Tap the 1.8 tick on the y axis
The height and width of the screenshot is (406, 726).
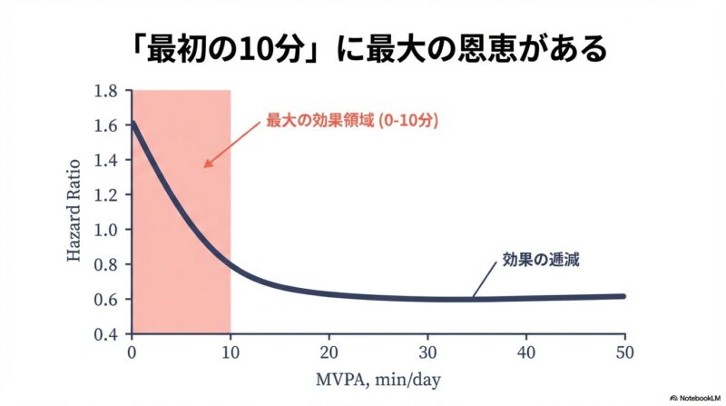tap(106, 91)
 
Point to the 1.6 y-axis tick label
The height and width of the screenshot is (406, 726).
tap(106, 125)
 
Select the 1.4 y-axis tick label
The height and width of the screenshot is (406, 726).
tap(106, 160)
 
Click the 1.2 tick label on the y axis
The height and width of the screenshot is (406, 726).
tap(106, 194)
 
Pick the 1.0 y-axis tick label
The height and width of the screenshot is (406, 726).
tap(106, 230)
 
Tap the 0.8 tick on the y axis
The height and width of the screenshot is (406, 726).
tap(106, 264)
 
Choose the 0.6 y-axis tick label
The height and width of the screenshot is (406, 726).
tap(106, 299)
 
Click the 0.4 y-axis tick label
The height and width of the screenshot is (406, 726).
tap(106, 333)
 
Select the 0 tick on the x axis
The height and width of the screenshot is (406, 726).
tap(132, 351)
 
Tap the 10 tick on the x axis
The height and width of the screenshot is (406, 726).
tap(231, 351)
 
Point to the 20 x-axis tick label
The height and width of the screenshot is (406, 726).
tap(329, 351)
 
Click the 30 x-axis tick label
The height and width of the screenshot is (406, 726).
tap(427, 351)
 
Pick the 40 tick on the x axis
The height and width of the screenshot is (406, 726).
tap(525, 351)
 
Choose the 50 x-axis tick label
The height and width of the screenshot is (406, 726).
tap(624, 351)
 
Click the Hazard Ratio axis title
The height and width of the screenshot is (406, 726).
tap(74, 212)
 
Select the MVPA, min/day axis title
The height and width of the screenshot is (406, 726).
tap(378, 378)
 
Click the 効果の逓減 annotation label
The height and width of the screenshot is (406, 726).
tap(540, 259)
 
